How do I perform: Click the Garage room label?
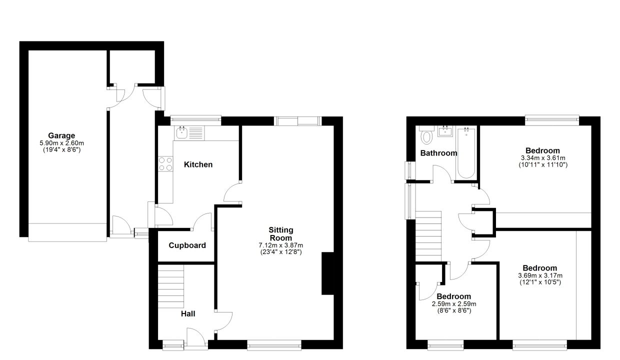tap(61, 135)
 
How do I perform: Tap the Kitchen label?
tap(198, 164)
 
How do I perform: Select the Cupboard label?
tap(187, 245)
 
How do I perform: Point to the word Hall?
tap(188, 314)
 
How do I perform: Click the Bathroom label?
tap(438, 153)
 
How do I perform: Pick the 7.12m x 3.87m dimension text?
tap(280, 245)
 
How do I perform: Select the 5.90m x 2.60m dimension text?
tap(61, 143)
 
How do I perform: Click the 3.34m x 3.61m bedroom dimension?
tap(543, 158)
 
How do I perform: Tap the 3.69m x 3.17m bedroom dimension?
tap(540, 275)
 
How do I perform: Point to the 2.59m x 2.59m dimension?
tap(454, 304)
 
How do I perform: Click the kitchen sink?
tap(189, 133)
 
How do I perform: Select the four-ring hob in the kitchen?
tap(165, 164)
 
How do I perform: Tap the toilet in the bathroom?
tap(426, 135)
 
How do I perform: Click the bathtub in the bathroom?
tap(466, 152)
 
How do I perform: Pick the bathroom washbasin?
tap(445, 131)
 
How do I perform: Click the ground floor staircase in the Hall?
tap(171, 286)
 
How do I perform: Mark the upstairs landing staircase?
tap(428, 236)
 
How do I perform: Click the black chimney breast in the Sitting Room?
tap(328, 273)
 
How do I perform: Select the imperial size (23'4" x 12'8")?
tap(281, 252)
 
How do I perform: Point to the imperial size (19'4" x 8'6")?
tap(61, 150)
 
